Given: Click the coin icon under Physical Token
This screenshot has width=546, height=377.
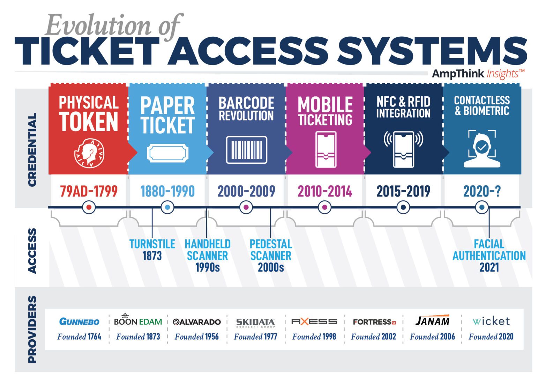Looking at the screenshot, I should click(x=89, y=153).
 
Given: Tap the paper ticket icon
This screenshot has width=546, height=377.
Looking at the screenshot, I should click(x=167, y=153).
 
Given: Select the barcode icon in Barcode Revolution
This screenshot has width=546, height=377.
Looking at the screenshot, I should click(x=246, y=150).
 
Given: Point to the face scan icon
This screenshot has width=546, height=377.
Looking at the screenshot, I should click(x=481, y=148).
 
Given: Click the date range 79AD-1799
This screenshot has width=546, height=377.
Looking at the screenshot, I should click(x=89, y=191).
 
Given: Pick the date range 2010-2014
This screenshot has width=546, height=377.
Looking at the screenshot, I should click(x=325, y=191).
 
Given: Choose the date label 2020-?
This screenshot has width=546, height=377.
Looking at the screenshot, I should click(x=481, y=191).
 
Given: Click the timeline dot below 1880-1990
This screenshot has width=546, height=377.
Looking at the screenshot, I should click(x=167, y=207).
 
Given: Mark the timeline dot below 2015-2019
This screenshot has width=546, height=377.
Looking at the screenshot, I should click(x=403, y=207).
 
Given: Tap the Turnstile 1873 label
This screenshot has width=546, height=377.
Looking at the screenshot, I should click(x=152, y=250).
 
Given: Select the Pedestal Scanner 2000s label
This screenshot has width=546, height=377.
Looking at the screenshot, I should click(x=271, y=256).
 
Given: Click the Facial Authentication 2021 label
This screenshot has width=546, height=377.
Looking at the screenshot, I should click(x=489, y=256).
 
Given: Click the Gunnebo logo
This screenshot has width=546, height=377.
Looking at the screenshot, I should click(x=79, y=321).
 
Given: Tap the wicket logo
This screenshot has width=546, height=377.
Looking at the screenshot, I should click(x=491, y=321).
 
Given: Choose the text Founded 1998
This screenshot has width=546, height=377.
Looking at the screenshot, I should click(x=314, y=337).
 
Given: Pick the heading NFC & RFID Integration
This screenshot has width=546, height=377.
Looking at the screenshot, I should click(x=403, y=107).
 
